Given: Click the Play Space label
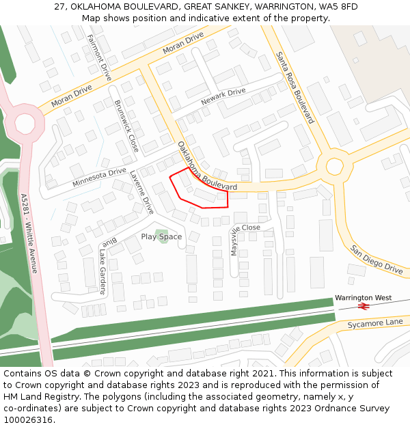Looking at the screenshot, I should pos(161,237).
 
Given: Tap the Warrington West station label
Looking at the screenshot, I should pos(363,298).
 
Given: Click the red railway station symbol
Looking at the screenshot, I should pos(364,307).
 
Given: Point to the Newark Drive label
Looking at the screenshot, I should pos(223,96).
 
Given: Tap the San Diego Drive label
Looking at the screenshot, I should pos(377,260).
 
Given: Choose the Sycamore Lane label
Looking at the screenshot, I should pos(375,322).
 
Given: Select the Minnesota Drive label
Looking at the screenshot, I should pos(99,178).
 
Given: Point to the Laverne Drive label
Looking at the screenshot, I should pos(142,191).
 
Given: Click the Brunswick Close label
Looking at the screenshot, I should pos(126,126).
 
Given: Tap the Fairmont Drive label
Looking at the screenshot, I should pos(100,58).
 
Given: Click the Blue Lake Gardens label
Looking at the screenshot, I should pos(106,263).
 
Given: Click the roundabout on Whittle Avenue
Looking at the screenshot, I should pos(25,124).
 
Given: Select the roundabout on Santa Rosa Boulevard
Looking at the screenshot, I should pos(334,166).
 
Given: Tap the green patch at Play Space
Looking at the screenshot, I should pos(161,236).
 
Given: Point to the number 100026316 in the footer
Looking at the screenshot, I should pos(28,419).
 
